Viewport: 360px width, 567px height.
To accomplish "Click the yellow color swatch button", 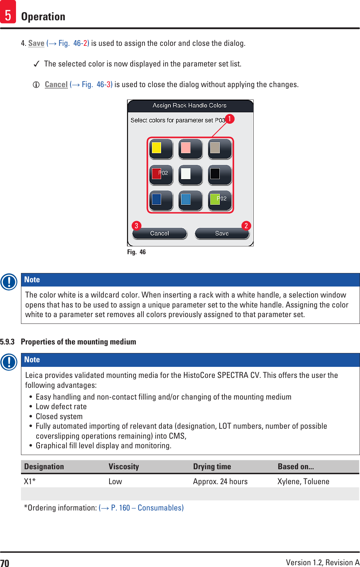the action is tap(161, 149).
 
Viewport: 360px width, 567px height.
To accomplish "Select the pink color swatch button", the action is tap(190, 149).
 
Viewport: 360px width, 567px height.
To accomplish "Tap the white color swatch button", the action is tap(190, 175).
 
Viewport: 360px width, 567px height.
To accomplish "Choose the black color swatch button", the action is tap(219, 175).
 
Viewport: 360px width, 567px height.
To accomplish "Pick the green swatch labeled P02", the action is tap(219, 200).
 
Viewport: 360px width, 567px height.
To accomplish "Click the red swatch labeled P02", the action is tap(161, 175).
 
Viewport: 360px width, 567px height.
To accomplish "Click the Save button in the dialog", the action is tap(222, 234).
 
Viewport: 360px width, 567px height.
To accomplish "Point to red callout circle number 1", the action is tap(229, 119).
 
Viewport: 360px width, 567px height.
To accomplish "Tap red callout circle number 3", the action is tap(136, 226).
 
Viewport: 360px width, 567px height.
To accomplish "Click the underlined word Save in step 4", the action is tap(36, 43).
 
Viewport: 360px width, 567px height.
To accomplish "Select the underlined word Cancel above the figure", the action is tap(56, 85).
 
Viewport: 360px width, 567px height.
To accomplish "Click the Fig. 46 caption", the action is tap(137, 252).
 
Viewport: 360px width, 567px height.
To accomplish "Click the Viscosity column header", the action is tap(124, 467).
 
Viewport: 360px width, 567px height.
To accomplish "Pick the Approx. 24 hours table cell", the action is tap(220, 482).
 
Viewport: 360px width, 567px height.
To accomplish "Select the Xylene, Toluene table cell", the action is tap(303, 482).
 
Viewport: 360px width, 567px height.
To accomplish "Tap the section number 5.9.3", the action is tap(7, 342).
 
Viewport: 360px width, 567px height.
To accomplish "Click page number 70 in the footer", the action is tap(5, 563).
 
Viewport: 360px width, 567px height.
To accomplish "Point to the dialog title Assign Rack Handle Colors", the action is tap(190, 106).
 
